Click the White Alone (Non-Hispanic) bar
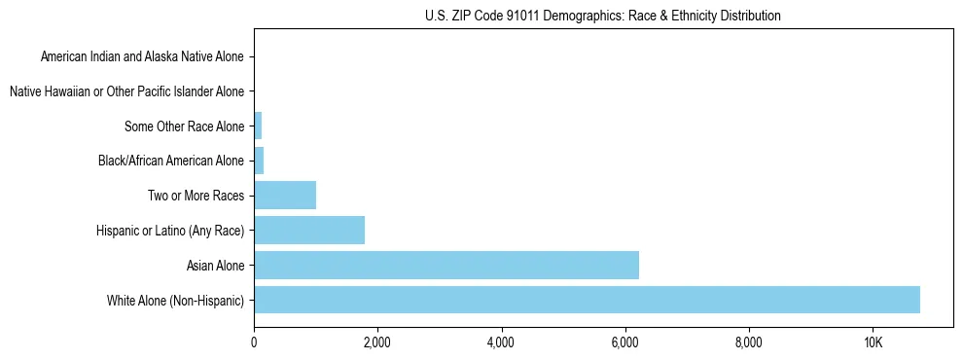[x=587, y=300]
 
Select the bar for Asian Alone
[x=446, y=265]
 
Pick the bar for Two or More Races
[x=285, y=195]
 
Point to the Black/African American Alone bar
[x=259, y=161]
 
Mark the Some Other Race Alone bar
[x=258, y=126]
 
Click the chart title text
[x=603, y=16]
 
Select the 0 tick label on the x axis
[x=254, y=342]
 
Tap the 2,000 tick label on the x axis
[x=377, y=342]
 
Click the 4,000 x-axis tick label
[x=501, y=342]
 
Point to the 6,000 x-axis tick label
[x=624, y=342]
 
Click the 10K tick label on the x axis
[x=873, y=342]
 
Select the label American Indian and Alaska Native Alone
[x=143, y=56]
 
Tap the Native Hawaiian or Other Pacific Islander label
[x=126, y=91]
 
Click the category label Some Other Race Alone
[x=185, y=126]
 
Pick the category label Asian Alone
[x=216, y=266]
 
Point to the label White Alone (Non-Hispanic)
[x=176, y=301]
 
